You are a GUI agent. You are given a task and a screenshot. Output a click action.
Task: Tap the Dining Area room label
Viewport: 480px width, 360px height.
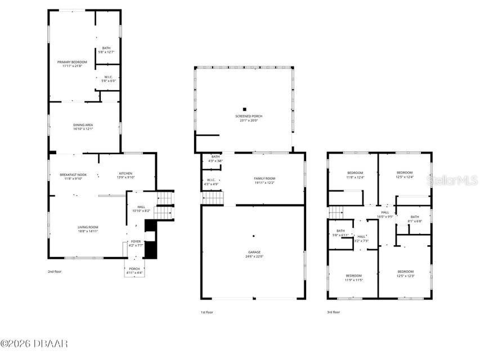[x=83, y=127]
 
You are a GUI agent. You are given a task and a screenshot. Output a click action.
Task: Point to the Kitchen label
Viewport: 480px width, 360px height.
[x=125, y=175]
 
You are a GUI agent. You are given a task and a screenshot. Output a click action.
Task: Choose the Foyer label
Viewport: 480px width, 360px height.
[x=136, y=242]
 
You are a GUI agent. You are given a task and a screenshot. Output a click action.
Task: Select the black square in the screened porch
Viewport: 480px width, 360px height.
[x=245, y=109]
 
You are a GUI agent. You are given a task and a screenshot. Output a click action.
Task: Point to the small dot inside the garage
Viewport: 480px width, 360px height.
[x=254, y=236]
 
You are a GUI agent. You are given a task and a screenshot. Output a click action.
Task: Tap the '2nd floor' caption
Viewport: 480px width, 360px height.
[x=55, y=271]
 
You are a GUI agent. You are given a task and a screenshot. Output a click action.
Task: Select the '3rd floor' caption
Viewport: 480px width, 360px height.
[x=334, y=312]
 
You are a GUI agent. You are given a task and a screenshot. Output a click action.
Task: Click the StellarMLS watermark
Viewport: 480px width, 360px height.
[x=453, y=180]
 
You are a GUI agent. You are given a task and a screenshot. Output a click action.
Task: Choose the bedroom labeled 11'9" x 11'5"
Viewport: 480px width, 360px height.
[x=354, y=277]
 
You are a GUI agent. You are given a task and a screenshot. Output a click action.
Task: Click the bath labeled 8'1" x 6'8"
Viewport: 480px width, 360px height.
[x=415, y=218]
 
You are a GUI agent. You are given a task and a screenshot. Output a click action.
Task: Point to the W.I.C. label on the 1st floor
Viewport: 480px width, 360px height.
[x=211, y=182]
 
